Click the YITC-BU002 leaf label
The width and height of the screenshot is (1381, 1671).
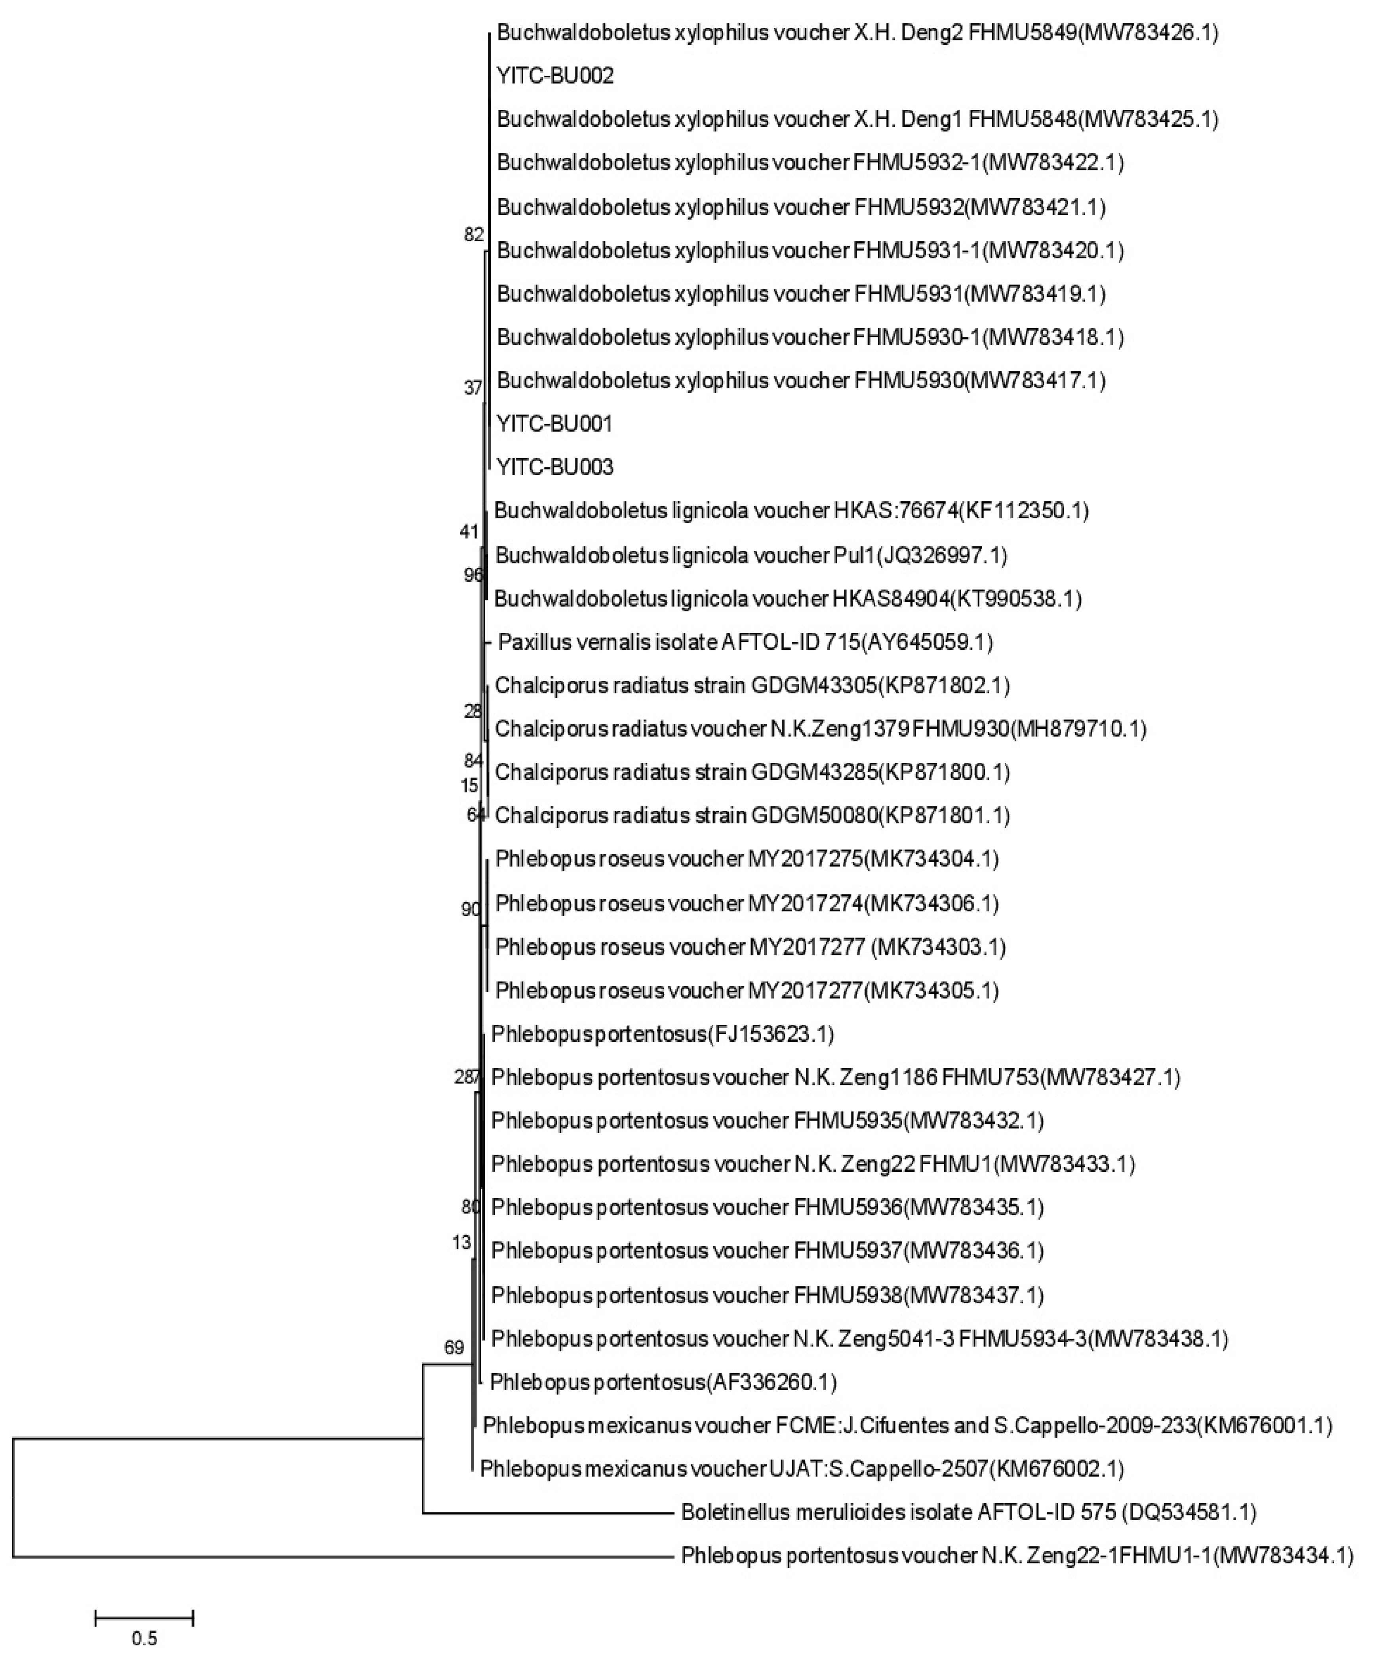554,76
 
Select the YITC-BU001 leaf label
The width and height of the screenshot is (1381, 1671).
554,424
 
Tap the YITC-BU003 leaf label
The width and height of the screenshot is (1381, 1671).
554,467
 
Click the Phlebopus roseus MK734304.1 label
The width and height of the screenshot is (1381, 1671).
746,859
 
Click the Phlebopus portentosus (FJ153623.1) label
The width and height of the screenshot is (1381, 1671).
662,1034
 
